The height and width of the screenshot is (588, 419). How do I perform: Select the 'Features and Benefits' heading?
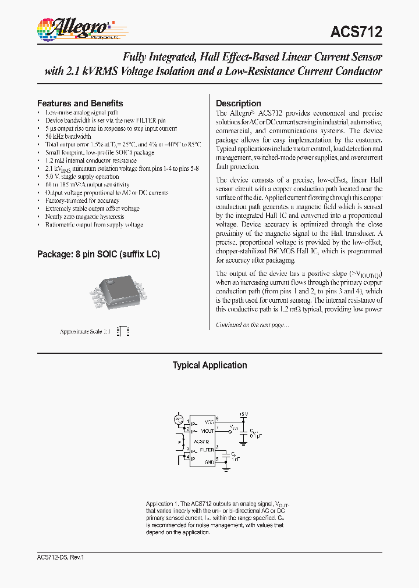(x=80, y=103)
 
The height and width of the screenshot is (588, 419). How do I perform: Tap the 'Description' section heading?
(x=238, y=103)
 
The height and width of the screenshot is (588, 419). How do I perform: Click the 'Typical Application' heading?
(x=210, y=365)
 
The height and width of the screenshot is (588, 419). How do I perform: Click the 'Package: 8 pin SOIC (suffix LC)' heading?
(x=98, y=254)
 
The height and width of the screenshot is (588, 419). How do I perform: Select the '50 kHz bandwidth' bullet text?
(x=68, y=137)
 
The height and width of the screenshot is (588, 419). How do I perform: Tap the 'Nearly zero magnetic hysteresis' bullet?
(x=84, y=217)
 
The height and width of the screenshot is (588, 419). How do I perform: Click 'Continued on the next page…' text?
(x=252, y=325)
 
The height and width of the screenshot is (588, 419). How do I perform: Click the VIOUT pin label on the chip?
(x=208, y=431)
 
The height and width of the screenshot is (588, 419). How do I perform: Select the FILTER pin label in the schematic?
(x=207, y=450)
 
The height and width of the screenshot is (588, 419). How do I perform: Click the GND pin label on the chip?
(x=209, y=461)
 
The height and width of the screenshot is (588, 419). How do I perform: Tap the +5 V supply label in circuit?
(x=243, y=414)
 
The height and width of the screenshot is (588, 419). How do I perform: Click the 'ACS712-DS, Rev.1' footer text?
(x=56, y=557)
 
